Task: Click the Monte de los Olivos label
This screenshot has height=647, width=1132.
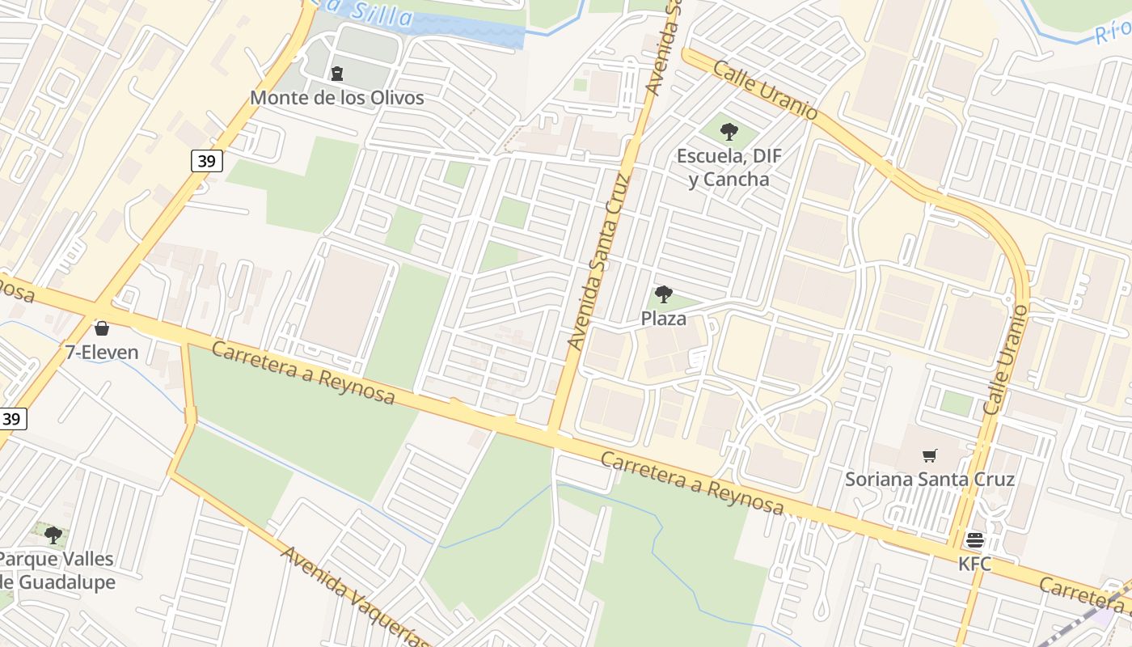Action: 336,98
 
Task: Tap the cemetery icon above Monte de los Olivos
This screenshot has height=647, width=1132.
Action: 337,74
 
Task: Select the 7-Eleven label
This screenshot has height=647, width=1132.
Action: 102,353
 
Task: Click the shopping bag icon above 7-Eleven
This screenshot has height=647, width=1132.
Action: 102,328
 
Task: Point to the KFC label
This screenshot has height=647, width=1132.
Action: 974,564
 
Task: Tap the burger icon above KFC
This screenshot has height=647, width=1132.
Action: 974,539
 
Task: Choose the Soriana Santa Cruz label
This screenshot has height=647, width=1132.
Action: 930,479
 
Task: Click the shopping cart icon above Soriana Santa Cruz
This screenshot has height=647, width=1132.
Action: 930,455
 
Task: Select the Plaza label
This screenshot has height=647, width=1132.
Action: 664,319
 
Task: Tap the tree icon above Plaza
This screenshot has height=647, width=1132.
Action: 664,294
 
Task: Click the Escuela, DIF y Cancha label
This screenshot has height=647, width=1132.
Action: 729,167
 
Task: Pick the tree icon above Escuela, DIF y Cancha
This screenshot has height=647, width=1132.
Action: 729,131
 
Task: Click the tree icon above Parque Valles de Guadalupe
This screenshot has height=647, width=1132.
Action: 53,535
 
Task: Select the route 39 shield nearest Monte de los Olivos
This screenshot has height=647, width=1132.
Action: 207,161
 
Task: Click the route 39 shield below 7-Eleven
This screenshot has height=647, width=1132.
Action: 11,418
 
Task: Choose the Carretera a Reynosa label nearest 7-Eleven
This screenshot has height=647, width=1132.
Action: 303,372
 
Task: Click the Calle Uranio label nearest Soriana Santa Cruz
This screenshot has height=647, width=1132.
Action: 1006,360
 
